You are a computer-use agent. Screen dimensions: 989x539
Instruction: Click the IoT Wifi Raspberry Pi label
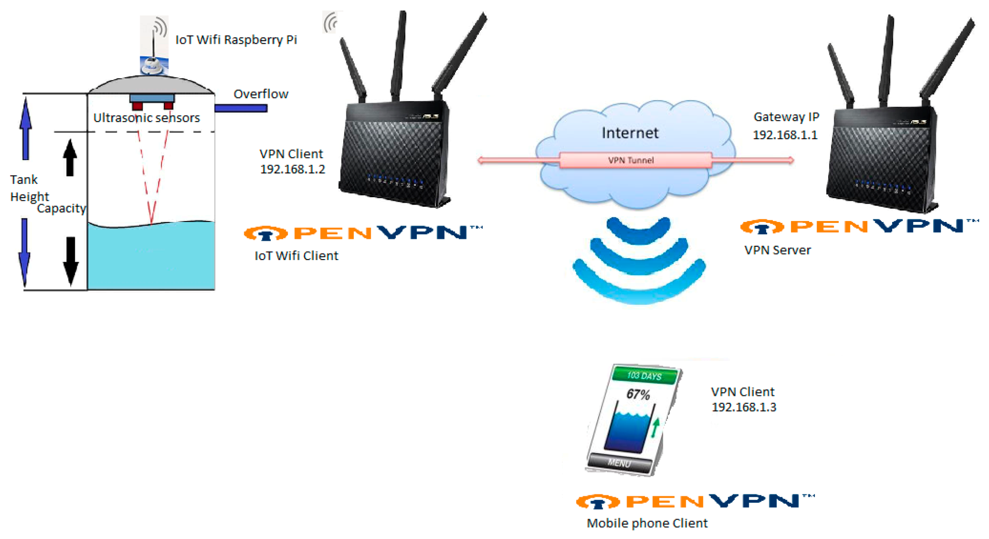236,40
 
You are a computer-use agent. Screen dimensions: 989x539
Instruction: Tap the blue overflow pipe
241,108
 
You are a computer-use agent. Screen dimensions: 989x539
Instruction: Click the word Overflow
261,94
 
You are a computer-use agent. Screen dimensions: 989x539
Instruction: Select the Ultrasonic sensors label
146,118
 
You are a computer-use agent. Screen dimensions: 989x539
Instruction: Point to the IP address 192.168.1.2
292,169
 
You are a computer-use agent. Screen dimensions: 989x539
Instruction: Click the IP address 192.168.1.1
785,135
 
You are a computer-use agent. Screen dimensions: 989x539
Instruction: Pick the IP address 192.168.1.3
744,407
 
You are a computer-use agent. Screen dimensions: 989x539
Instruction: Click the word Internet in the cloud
630,133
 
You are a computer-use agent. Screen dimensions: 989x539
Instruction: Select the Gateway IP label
786,117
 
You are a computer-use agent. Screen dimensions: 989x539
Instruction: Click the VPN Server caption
778,250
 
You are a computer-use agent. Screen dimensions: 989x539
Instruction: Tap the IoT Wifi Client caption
296,256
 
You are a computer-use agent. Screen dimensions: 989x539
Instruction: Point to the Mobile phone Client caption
647,523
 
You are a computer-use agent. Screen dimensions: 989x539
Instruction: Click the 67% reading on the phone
638,394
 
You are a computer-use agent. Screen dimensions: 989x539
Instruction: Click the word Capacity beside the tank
61,208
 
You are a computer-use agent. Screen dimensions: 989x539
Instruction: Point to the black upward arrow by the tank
70,158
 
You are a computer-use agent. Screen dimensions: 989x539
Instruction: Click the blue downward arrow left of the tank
25,252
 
